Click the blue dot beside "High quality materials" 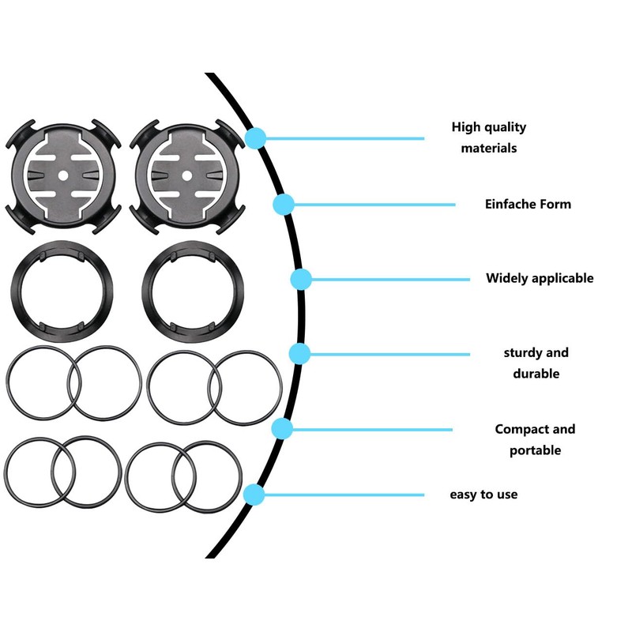tap(254, 138)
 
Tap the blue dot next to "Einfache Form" tap(284, 205)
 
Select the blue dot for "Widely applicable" tap(301, 279)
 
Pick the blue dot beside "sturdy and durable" tap(299, 353)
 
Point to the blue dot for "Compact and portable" tap(282, 429)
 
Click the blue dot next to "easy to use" tap(254, 495)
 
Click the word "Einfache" tap(510, 204)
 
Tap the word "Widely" tap(506, 278)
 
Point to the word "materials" tap(489, 148)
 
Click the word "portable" tap(535, 450)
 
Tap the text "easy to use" tap(483, 495)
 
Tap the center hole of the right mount tap(186, 174)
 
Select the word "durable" tap(536, 374)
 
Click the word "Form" tap(555, 204)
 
